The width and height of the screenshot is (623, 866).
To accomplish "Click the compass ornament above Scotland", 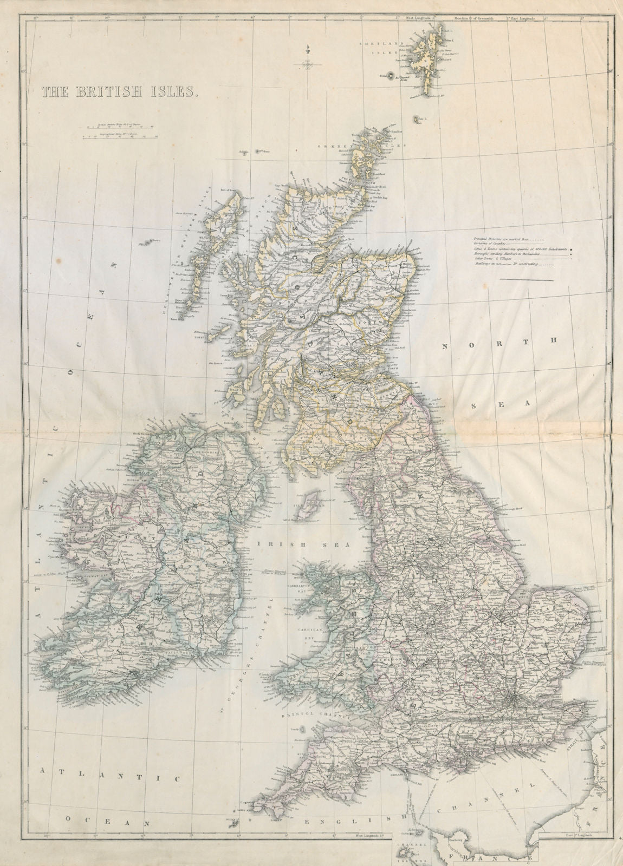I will pos(308,64).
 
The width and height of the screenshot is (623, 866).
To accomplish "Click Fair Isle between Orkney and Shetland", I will pos(418,120).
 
